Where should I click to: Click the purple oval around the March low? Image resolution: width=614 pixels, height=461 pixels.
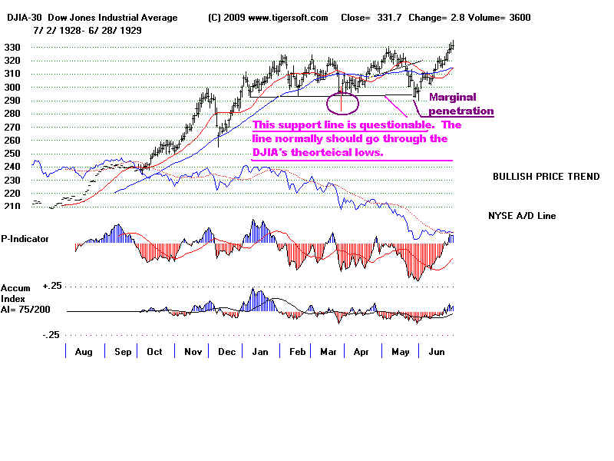[342, 101]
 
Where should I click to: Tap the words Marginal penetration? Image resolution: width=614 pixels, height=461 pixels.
[460, 104]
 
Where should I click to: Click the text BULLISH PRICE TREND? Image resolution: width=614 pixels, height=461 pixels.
[546, 177]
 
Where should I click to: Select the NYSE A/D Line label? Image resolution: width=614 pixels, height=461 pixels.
[523, 216]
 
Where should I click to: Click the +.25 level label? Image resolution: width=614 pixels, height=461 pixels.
[52, 286]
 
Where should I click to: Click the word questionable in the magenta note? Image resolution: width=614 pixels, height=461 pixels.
[391, 124]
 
